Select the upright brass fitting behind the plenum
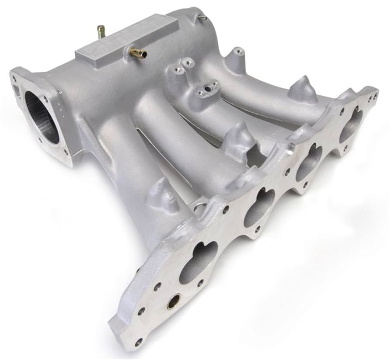(x=101, y=32)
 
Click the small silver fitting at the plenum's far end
(x=202, y=17)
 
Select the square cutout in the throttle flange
(x=17, y=91)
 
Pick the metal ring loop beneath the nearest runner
(x=199, y=209)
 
